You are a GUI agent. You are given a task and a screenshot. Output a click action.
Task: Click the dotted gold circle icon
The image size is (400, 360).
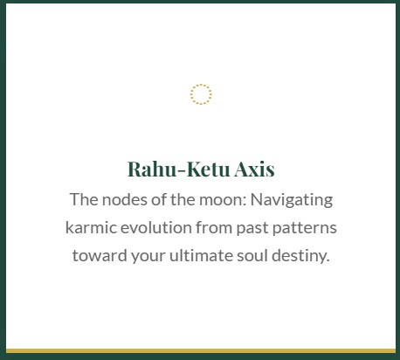coord(201,85)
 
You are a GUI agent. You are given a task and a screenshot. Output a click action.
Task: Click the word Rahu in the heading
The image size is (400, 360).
coord(152,170)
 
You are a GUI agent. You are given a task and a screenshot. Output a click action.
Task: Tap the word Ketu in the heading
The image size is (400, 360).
coord(208,170)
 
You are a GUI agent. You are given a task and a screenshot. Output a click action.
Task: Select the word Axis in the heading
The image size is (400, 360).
coord(254,170)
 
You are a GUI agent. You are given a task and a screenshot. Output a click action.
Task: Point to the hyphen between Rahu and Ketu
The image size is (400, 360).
coord(182,170)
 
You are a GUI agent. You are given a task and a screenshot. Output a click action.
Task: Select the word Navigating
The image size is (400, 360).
coord(292,201)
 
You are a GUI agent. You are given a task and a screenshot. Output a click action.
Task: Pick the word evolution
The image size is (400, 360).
coord(156,228)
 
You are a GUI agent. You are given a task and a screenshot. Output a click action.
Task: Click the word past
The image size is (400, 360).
coord(252,228)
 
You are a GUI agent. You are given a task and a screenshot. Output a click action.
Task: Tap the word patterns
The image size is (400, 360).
coord(305,228)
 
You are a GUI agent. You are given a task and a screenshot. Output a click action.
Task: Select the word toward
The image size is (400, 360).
coord(100,255)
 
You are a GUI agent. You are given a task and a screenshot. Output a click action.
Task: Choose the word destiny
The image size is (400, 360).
coord(300,256)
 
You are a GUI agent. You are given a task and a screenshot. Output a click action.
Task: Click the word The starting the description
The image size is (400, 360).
coord(84,200)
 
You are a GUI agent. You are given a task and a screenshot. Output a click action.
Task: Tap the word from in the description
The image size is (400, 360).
coord(214,228)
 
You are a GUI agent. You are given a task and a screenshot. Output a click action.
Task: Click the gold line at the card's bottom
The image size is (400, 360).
coord(201,351)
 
